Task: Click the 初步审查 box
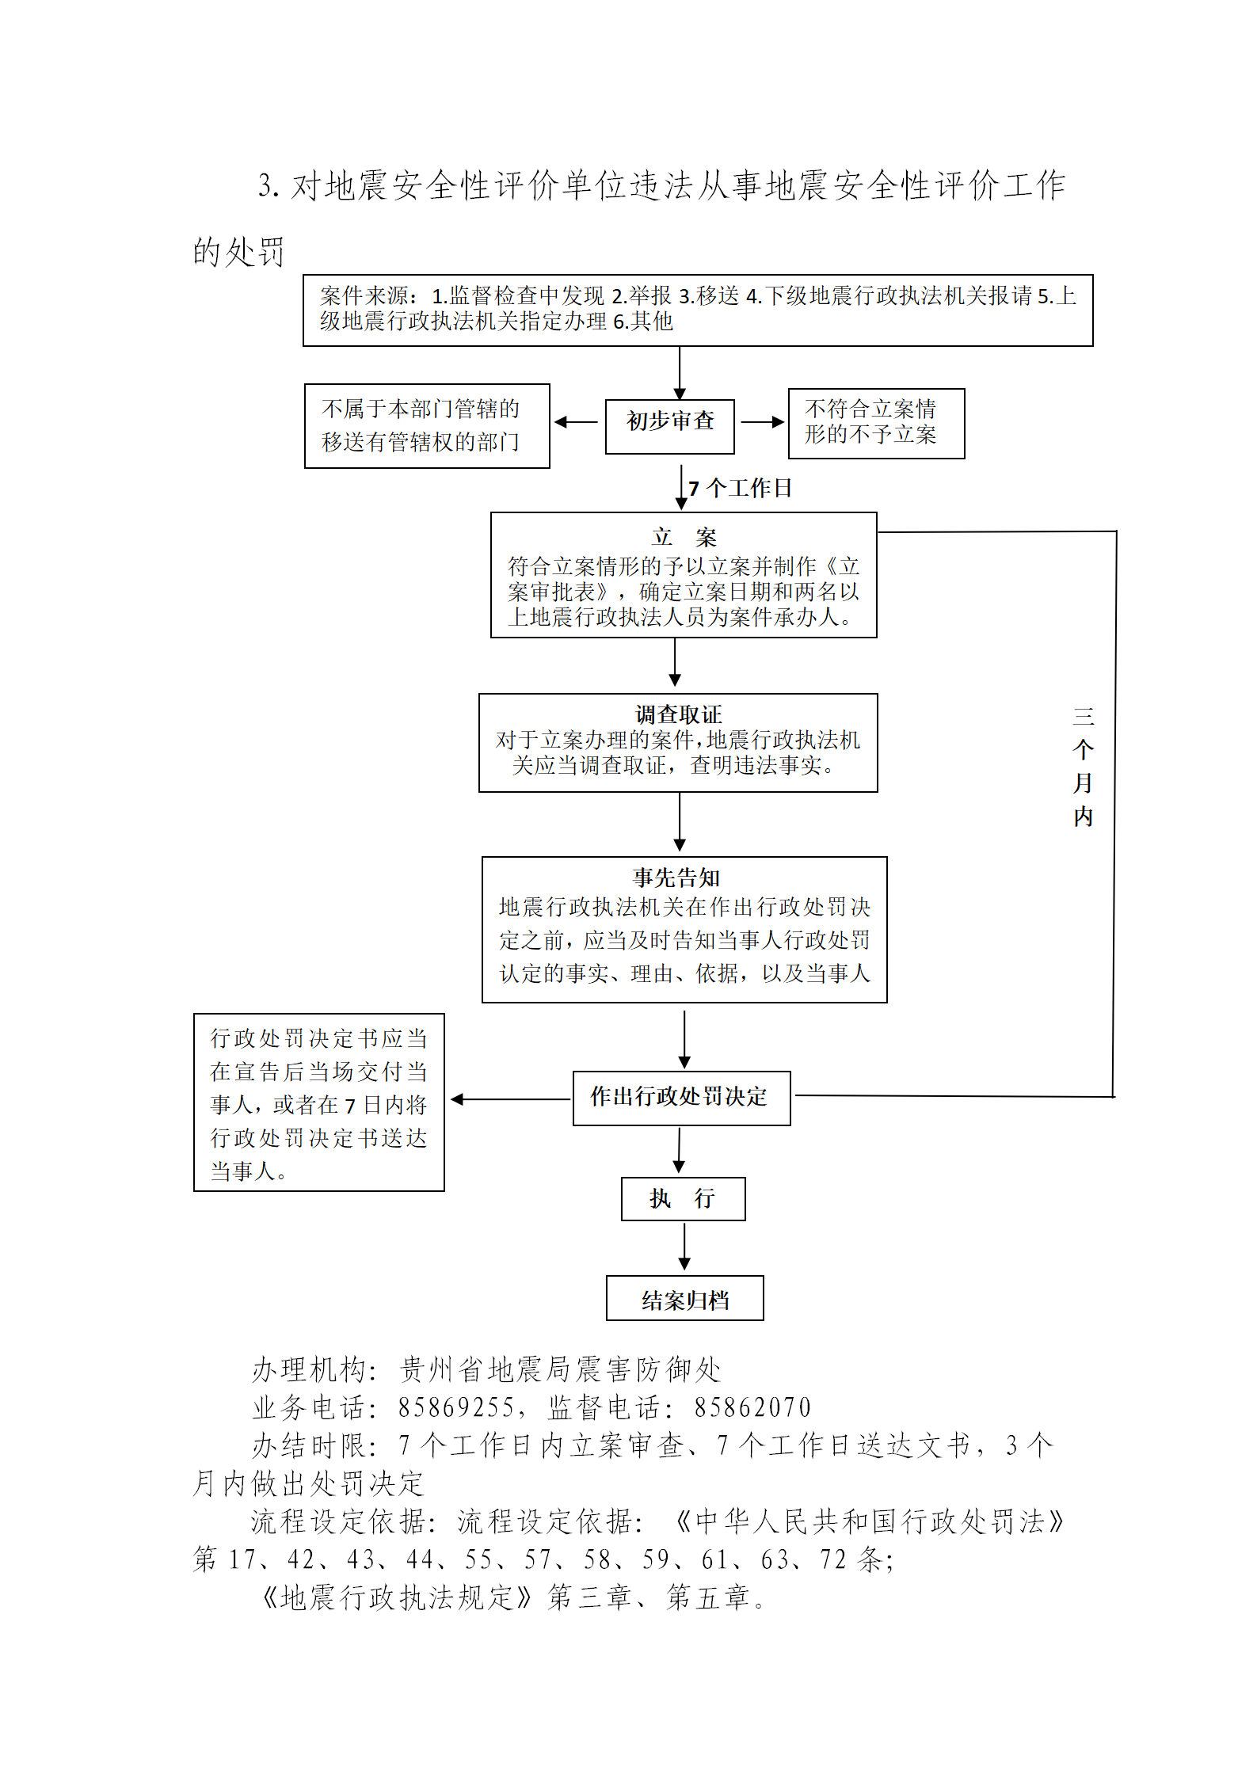click(669, 426)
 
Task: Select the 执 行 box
click(683, 1198)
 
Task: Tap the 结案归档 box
click(684, 1297)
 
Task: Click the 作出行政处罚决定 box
click(681, 1098)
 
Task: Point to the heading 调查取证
click(679, 714)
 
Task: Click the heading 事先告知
click(676, 878)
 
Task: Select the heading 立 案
click(684, 537)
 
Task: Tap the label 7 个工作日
click(740, 488)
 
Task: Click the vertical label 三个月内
click(1083, 767)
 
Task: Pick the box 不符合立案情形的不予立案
click(876, 424)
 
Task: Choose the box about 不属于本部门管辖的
click(427, 426)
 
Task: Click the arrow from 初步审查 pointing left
click(576, 422)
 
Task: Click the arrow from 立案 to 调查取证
click(675, 662)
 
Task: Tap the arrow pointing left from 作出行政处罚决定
click(510, 1099)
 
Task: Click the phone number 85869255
click(456, 1407)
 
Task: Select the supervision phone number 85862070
click(752, 1407)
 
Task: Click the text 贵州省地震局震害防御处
click(561, 1369)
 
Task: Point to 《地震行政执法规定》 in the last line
click(396, 1597)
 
